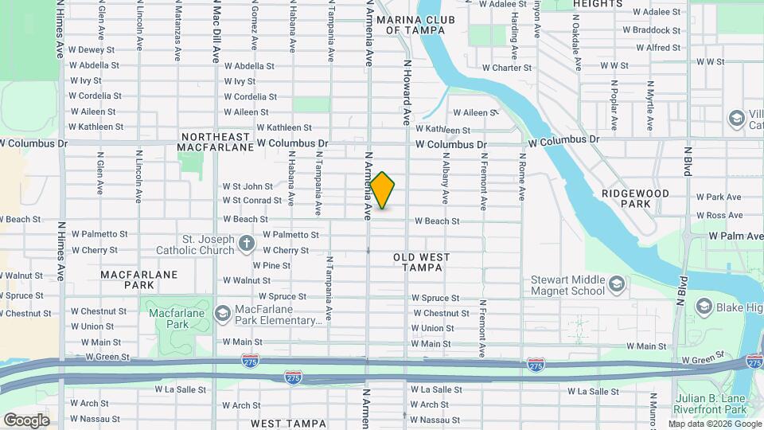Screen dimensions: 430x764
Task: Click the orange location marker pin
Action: [x=382, y=190]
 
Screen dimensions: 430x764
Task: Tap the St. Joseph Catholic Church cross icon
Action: [x=247, y=242]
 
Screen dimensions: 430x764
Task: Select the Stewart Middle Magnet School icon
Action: [x=616, y=284]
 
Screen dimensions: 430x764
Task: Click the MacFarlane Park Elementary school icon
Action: [x=222, y=314]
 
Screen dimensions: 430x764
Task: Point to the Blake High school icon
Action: [x=704, y=307]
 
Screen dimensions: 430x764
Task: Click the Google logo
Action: [x=26, y=420]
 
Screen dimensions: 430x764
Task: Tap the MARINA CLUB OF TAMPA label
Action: [x=415, y=25]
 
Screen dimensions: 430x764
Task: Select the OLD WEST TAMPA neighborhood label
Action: [x=421, y=263]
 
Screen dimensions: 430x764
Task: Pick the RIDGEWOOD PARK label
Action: [x=637, y=198]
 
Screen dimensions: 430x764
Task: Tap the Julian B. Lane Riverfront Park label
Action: [x=715, y=405]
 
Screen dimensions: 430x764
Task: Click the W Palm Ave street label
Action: [x=735, y=236]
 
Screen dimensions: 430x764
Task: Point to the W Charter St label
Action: [x=506, y=68]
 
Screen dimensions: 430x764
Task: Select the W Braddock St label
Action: [x=651, y=30]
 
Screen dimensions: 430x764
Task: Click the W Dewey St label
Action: [x=93, y=49]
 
